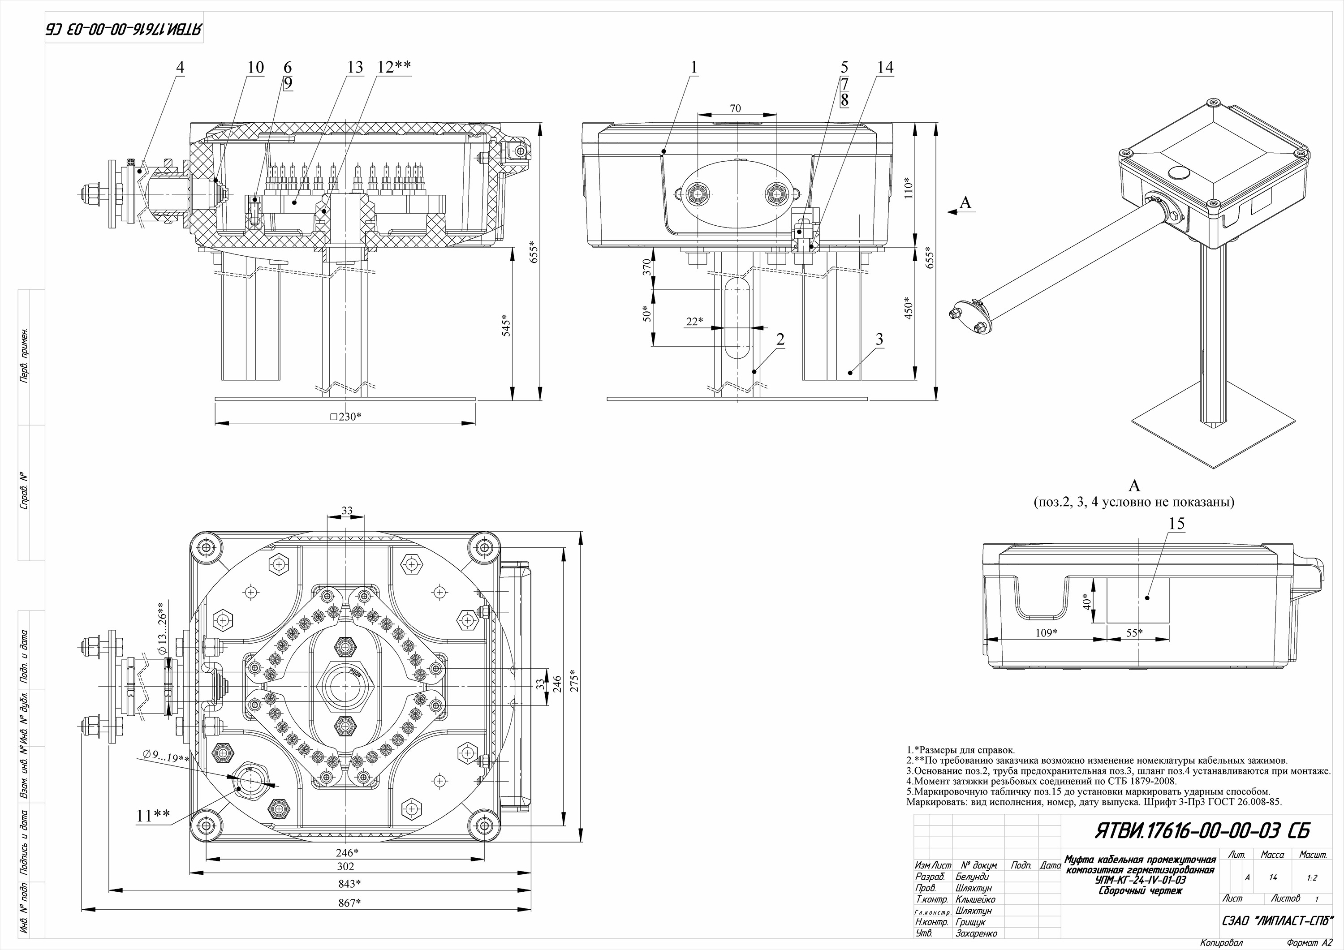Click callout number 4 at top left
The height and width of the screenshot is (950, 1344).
180,68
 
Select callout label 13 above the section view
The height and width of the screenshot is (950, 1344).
355,68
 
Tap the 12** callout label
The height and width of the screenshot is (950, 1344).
393,68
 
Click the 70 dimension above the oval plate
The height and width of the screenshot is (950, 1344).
736,108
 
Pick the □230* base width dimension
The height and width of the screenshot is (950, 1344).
345,417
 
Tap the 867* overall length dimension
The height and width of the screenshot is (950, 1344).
349,903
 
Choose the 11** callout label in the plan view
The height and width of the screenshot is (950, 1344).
153,815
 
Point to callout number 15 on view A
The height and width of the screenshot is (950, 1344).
1176,524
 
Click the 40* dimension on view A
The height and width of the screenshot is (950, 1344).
1086,602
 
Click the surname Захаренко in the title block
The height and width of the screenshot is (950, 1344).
976,933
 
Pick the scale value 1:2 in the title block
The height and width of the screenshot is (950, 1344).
1312,878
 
